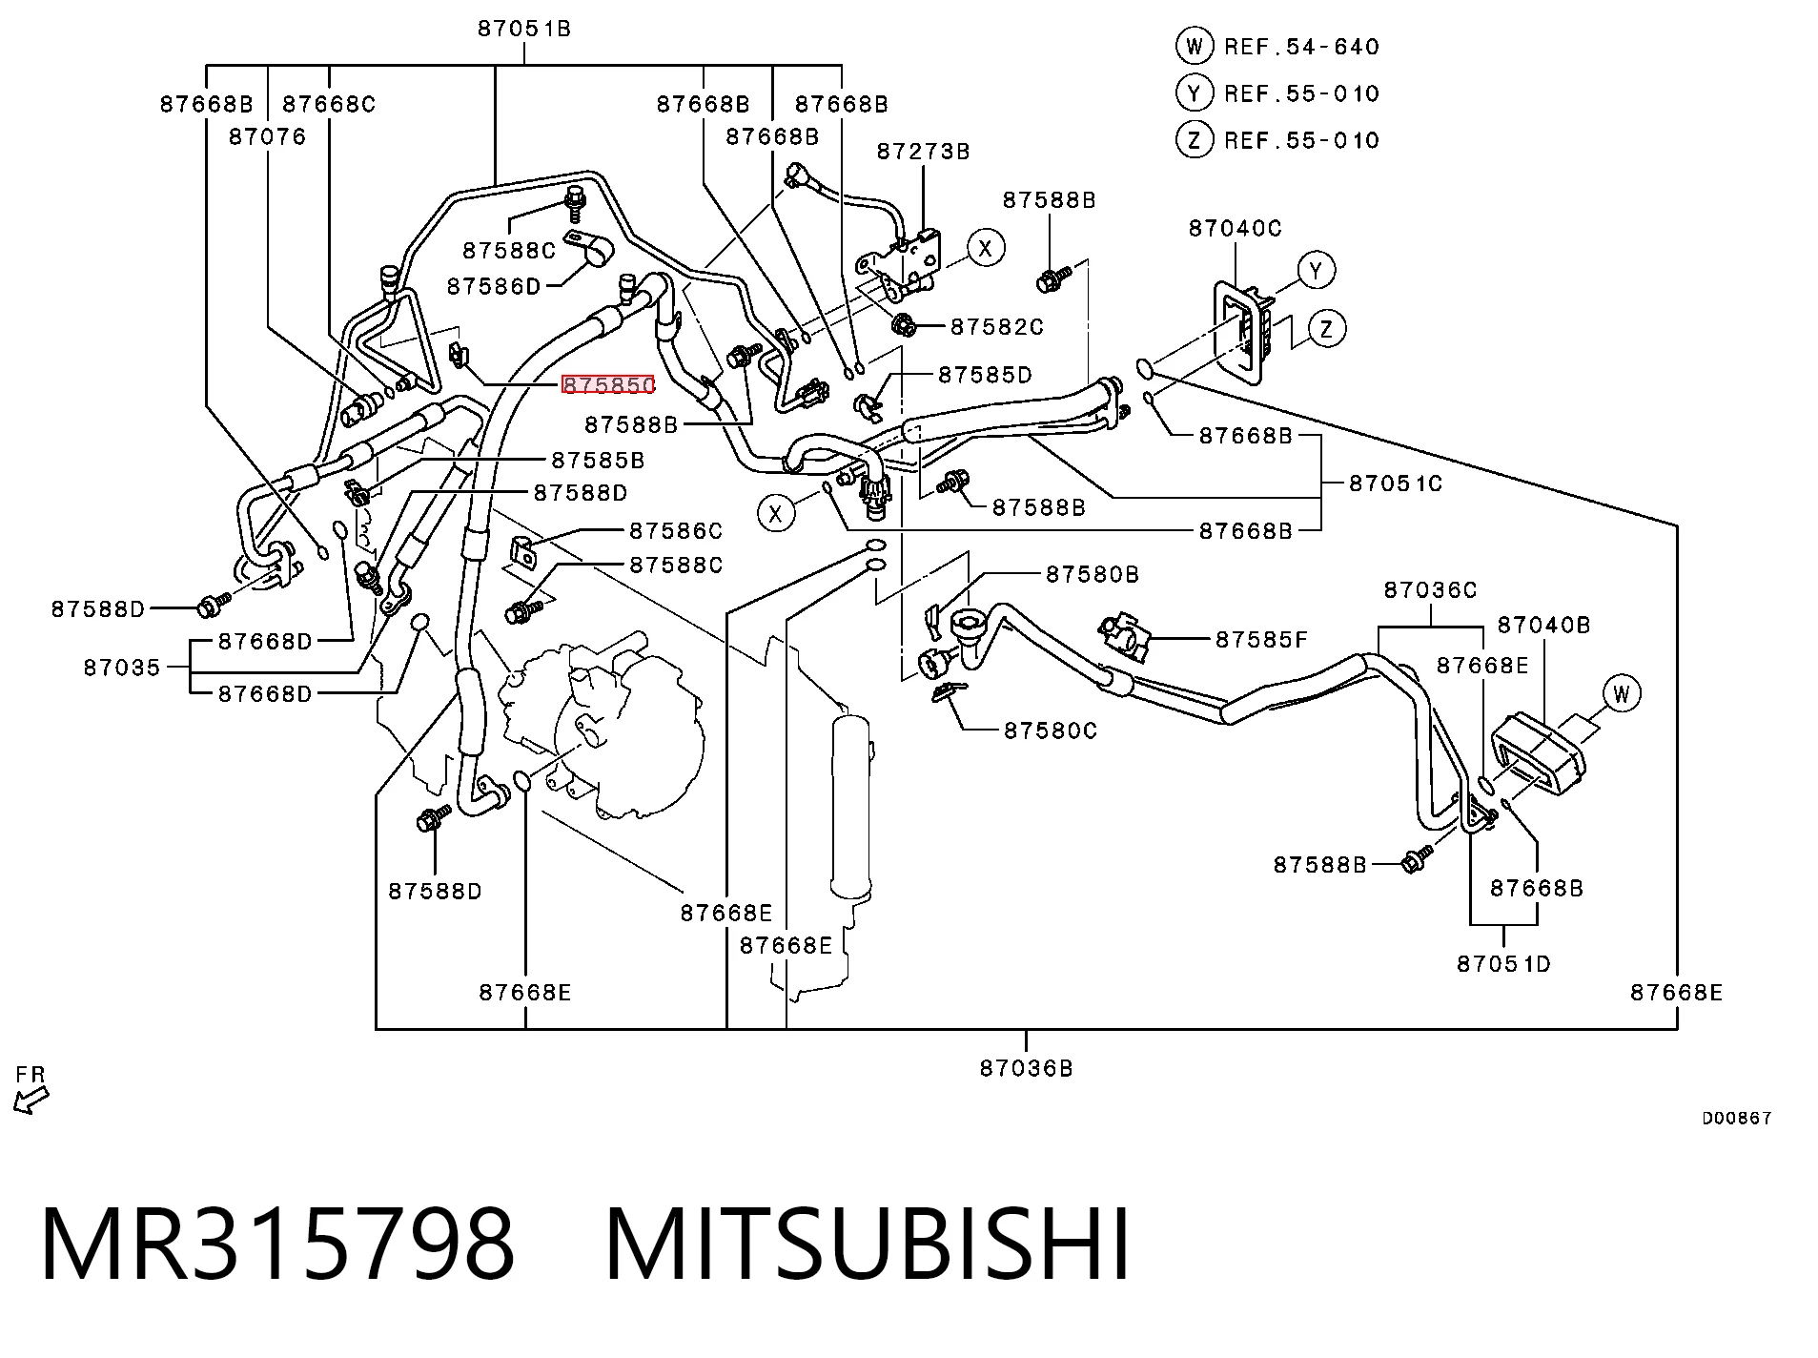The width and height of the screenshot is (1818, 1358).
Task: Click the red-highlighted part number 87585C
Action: click(608, 384)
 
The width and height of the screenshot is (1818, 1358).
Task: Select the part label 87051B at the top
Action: click(524, 29)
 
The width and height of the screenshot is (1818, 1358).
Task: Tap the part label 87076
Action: click(268, 136)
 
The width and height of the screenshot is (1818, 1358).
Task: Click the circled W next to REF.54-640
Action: click(1194, 46)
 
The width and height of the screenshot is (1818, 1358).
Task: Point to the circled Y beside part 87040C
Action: click(1317, 270)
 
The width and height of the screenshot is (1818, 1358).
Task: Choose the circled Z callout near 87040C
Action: click(1327, 329)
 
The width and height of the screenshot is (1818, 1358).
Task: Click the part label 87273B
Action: click(923, 151)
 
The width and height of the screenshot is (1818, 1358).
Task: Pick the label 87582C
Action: click(997, 327)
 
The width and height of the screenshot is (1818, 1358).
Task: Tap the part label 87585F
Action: click(1261, 639)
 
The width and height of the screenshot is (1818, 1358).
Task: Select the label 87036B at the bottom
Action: click(1026, 1068)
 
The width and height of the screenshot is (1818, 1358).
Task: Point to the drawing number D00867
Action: click(1737, 1119)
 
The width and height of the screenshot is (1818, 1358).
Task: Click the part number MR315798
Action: click(277, 1244)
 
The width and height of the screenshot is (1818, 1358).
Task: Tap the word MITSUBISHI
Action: click(868, 1244)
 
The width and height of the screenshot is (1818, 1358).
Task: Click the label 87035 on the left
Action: click(122, 667)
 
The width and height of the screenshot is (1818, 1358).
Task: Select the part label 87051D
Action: click(1503, 963)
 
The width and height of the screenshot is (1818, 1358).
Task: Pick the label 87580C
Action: click(1051, 730)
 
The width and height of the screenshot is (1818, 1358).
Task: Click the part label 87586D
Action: click(494, 286)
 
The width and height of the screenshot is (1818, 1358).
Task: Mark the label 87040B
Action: click(1544, 625)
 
